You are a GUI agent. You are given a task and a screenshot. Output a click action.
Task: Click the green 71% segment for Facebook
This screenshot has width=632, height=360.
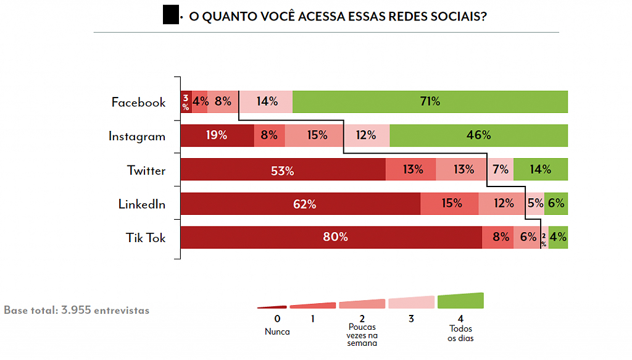(430, 102)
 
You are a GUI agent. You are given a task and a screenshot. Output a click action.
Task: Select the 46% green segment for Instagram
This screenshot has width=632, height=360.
(478, 136)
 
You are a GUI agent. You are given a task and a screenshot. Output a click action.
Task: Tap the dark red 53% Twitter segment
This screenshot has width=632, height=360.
(283, 170)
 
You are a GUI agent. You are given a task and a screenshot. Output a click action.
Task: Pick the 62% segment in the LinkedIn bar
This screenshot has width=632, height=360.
(300, 204)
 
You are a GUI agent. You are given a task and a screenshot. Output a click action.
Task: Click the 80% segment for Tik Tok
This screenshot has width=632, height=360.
(331, 237)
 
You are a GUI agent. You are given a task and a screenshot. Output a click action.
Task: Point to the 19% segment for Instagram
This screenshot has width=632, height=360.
(217, 136)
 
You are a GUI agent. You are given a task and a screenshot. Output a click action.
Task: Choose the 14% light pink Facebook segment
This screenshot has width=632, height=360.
(266, 102)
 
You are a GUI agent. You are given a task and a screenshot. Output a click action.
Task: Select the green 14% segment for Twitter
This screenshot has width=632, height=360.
(541, 170)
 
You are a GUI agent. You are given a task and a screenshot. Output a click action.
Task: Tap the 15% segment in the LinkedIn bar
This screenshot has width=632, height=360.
(449, 204)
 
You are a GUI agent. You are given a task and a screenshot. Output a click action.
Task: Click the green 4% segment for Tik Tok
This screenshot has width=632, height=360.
(558, 237)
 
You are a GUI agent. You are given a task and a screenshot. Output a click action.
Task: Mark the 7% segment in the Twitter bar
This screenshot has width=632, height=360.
(500, 170)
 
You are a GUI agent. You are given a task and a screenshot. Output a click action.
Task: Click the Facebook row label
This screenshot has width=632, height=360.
(138, 103)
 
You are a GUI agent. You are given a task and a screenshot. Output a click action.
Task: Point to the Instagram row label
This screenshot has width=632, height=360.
(137, 136)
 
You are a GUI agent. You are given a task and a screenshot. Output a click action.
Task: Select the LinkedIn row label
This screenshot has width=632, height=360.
(142, 204)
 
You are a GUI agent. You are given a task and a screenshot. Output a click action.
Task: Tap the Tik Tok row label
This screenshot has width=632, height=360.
(146, 238)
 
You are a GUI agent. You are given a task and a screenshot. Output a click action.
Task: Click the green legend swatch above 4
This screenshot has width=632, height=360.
(460, 301)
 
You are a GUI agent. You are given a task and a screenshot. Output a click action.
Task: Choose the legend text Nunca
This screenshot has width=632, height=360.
(277, 332)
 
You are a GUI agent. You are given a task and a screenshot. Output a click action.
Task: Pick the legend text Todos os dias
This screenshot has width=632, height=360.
(461, 333)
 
